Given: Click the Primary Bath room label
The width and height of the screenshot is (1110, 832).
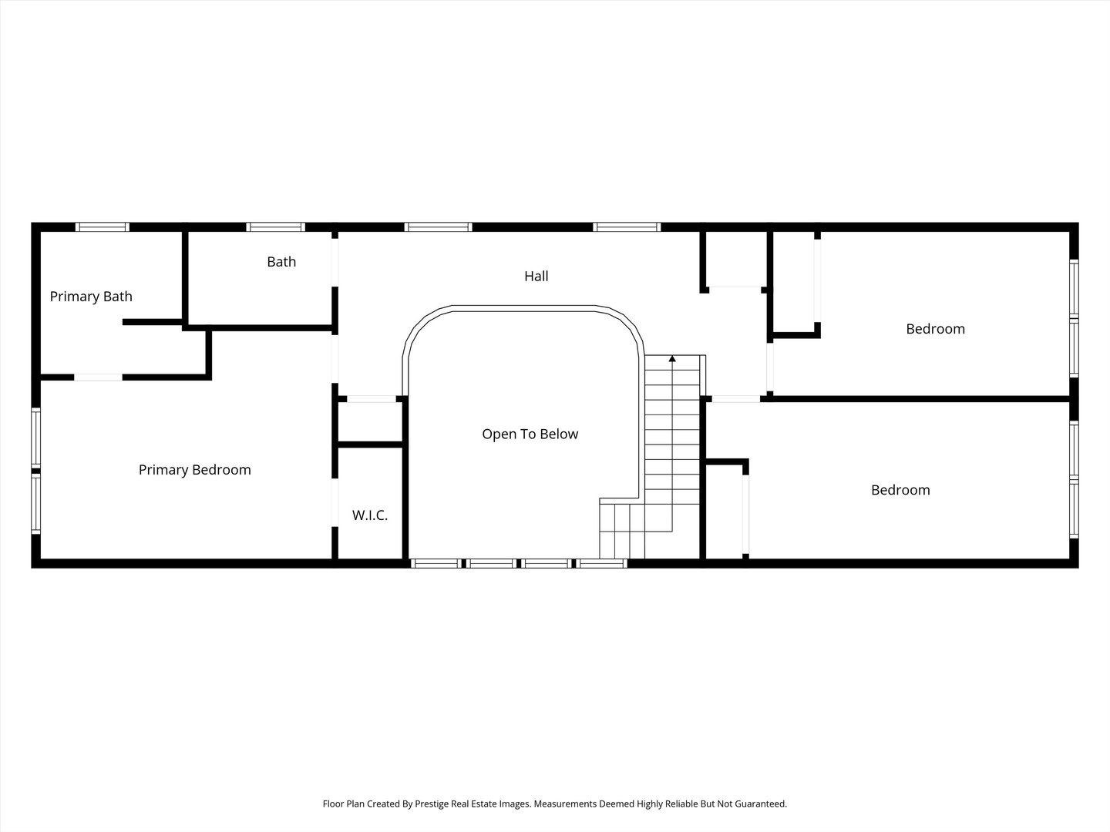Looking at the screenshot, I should point(91,297).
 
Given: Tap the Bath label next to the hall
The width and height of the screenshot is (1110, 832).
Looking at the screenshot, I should point(281,262).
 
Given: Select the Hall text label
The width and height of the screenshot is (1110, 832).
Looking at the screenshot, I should point(536,276).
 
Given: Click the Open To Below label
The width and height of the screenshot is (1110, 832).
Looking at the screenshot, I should point(530,434).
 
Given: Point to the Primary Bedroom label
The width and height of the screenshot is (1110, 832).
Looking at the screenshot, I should point(194,470).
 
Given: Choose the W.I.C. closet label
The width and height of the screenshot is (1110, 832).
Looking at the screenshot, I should point(370,515).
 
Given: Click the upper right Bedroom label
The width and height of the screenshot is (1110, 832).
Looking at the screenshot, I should point(935,329).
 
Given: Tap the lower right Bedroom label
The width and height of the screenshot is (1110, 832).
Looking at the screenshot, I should point(900,490).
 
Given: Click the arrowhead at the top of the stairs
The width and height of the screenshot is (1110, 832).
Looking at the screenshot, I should point(672,358).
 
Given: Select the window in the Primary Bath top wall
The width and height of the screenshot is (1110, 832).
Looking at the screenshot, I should point(102,227).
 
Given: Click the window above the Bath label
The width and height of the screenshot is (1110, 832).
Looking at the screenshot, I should point(275,227).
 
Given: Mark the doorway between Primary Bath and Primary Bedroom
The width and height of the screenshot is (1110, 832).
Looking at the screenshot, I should point(98,377).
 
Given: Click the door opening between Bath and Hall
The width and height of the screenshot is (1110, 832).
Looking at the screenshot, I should point(335,263).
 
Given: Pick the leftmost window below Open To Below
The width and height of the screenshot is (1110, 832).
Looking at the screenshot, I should point(436,563).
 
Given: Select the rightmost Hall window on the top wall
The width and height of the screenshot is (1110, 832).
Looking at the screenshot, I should point(627,227).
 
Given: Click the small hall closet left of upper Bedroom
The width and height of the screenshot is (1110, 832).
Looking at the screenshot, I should point(734,260).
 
